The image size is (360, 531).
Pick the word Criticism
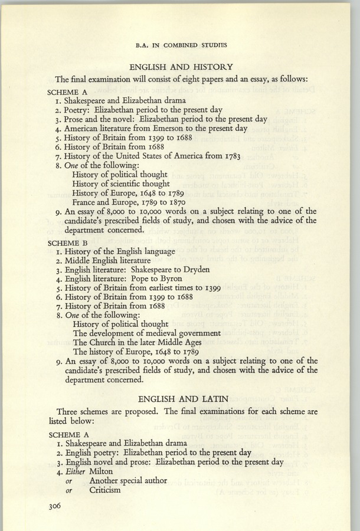tap(105, 490)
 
